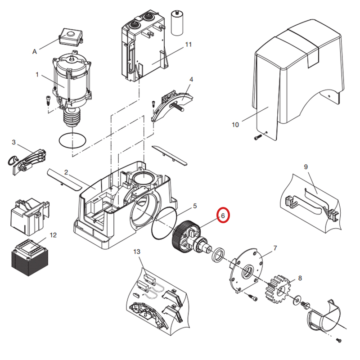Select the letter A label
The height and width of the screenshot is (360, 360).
[x=35, y=52]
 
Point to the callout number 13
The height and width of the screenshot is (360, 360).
[x=137, y=252]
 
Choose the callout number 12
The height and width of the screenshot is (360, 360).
[x=54, y=235]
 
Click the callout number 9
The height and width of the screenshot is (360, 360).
[x=306, y=167]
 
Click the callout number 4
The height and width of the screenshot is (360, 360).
[x=191, y=79]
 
